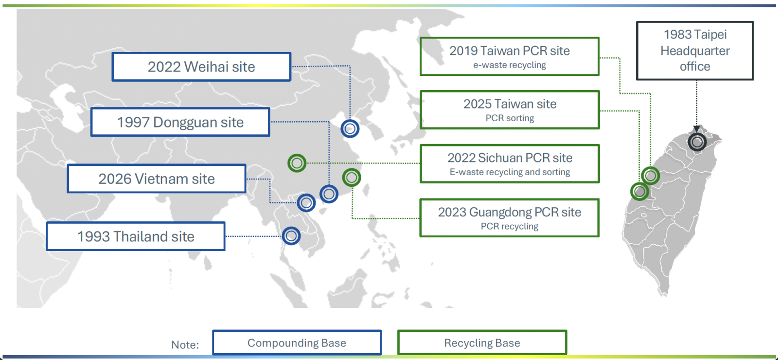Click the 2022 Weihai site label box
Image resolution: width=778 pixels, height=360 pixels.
[x=201, y=67]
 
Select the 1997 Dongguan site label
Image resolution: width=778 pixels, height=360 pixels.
[x=180, y=122]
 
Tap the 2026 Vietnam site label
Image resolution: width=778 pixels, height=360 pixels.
[x=157, y=179]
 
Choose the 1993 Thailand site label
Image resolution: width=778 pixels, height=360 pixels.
[x=136, y=236]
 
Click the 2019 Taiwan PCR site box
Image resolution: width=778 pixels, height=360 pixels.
[x=510, y=56]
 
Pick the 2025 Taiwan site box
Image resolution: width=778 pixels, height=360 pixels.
[x=510, y=109]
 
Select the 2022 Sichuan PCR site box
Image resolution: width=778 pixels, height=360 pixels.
[x=510, y=163]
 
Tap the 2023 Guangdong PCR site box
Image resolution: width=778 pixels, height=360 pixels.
[x=510, y=217]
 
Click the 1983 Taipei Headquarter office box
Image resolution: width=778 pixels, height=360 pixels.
[x=695, y=51]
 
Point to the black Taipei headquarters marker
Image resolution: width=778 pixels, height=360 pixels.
[x=697, y=142]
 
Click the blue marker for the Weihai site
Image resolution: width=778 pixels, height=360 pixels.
[x=350, y=129]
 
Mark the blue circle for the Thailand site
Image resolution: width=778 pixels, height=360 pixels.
[x=291, y=236]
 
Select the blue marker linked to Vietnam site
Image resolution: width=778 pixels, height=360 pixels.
[x=306, y=202]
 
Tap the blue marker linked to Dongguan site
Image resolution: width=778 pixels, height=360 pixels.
[x=329, y=194]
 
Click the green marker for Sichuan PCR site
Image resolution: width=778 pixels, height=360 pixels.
[x=297, y=163]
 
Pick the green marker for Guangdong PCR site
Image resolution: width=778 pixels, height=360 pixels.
[x=352, y=178]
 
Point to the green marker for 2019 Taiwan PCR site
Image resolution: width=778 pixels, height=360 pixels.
[x=651, y=176]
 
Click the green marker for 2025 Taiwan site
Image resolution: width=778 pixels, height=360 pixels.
[x=639, y=192]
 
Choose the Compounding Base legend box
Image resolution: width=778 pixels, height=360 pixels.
[x=297, y=343]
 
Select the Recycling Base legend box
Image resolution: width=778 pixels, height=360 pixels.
[x=482, y=343]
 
